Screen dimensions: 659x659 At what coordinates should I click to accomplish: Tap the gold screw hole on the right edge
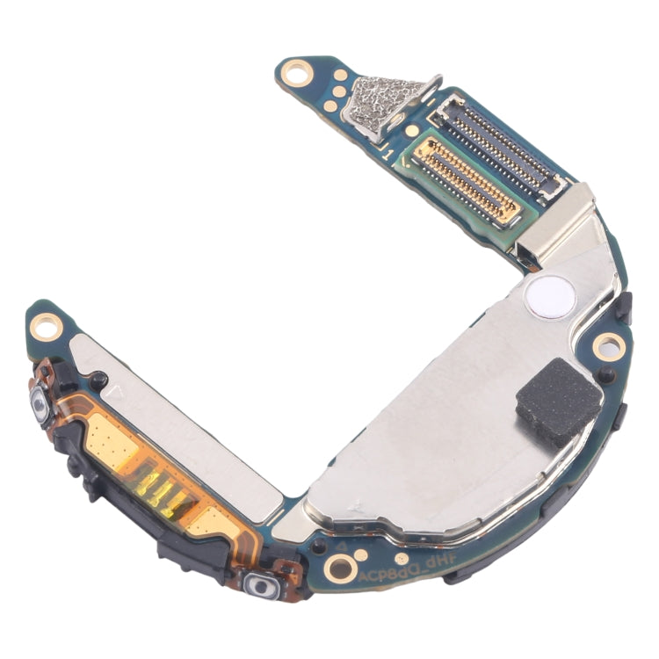[606, 344]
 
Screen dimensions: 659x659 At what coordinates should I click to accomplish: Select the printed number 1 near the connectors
[387, 155]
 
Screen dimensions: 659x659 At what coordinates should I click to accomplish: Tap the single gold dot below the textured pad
[410, 131]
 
